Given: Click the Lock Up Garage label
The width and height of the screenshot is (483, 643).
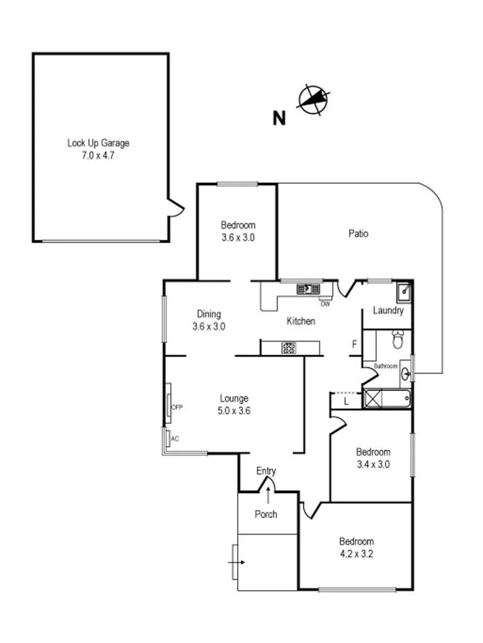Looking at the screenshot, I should point(98,143).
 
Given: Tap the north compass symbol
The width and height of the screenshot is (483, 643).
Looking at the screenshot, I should point(314,99).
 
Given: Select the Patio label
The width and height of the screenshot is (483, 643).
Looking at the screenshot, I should point(358,233).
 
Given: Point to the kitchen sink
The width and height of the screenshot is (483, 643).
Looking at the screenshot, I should point(308,289).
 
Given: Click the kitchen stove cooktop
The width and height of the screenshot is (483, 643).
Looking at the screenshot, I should point(289,348).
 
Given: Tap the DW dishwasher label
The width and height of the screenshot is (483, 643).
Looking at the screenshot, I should point(325,304).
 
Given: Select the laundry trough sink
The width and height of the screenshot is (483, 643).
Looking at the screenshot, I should point(403,292).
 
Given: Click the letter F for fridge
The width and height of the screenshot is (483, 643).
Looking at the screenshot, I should point(354,344).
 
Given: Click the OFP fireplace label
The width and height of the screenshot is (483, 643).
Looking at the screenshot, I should point(177,408).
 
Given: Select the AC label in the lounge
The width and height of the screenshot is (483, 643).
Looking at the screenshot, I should point(175,439).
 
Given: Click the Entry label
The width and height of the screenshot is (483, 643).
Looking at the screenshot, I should point(266,471).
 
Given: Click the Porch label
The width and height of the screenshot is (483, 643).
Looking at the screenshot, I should point(266,514).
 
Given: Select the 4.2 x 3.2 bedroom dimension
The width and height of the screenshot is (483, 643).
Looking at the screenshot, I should point(356,553).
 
